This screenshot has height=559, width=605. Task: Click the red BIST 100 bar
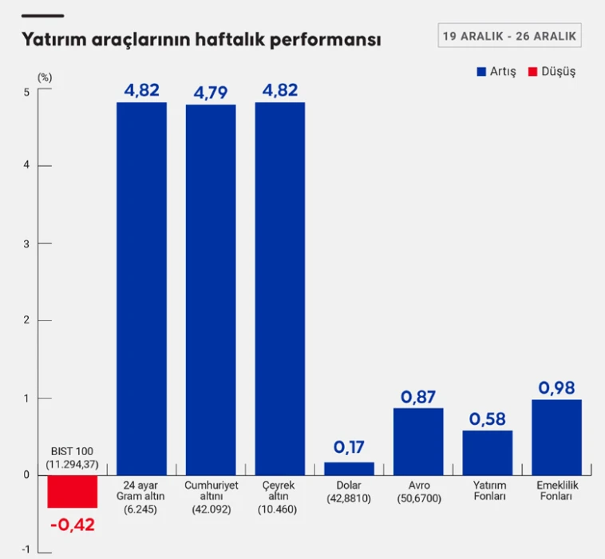(x=72, y=491)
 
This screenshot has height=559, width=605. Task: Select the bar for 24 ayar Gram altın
(x=141, y=287)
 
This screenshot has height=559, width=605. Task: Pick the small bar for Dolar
(x=349, y=468)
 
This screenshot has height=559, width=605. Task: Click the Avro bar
(x=418, y=441)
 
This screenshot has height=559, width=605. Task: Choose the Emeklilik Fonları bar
(x=556, y=437)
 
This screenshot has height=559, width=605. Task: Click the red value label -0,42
(x=72, y=525)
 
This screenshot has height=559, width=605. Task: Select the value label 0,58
(x=487, y=418)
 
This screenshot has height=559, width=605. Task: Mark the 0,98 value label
(x=556, y=387)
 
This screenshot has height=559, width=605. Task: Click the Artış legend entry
(x=496, y=71)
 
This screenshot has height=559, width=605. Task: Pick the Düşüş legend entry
(x=551, y=71)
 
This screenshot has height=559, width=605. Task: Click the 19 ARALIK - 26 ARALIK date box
(x=509, y=37)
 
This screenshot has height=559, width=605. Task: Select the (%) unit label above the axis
(x=45, y=77)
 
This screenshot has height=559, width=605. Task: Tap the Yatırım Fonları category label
(x=487, y=491)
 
